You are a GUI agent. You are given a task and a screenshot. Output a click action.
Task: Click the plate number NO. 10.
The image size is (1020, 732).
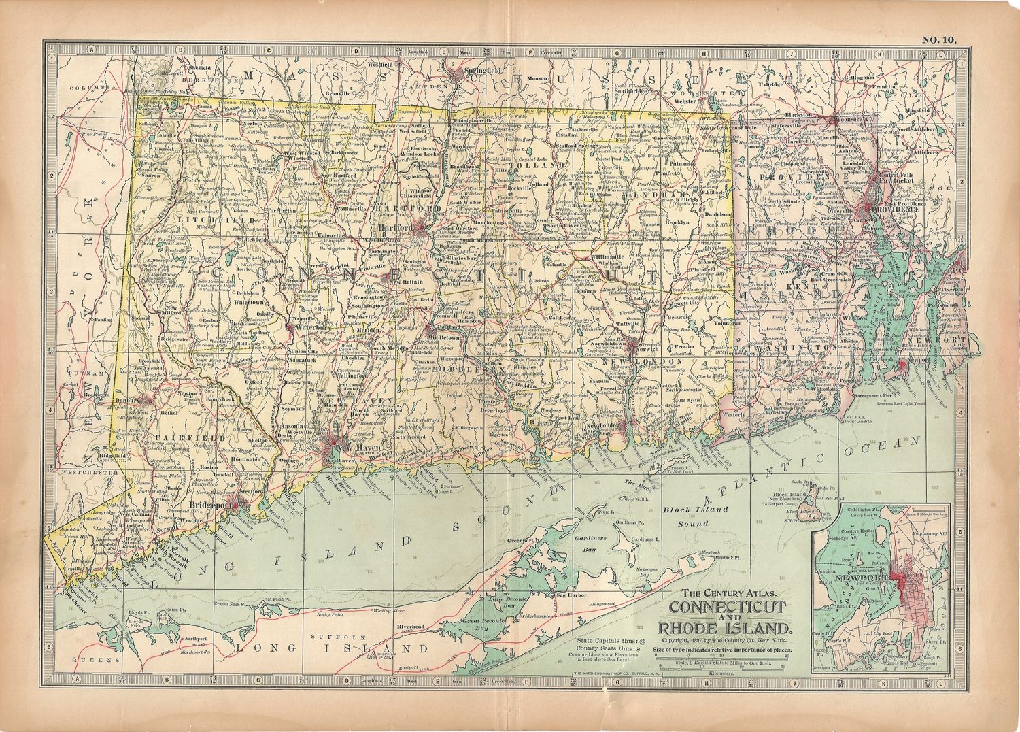click(x=938, y=39)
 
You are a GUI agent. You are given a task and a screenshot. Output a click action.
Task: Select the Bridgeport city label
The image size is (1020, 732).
click(x=211, y=505)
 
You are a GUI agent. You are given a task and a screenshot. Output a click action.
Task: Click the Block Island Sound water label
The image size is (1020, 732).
click(x=686, y=516)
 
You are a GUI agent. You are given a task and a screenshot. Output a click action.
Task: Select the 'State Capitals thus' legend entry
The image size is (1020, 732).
click(x=604, y=641)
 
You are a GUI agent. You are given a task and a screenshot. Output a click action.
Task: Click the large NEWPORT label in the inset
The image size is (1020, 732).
click(x=859, y=578)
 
